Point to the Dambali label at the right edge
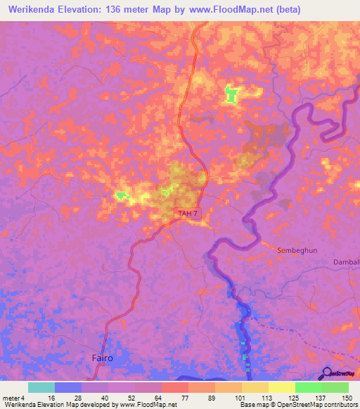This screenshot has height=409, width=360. tap(346, 262)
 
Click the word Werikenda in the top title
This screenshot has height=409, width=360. tap(33, 10)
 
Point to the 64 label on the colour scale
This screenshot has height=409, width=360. tap(162, 397)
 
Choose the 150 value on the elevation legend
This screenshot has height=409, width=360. tap(347, 397)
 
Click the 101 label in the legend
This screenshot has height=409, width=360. tap(243, 397)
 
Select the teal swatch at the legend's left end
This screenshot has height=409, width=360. tap(41, 387)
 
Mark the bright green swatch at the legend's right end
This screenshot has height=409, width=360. tap(335, 387)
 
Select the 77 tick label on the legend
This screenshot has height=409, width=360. tap(188, 397)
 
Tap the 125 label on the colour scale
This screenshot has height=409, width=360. tap(296, 397)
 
